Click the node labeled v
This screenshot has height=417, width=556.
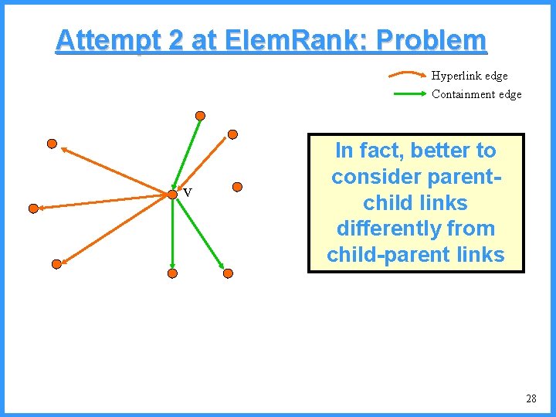point(172,195)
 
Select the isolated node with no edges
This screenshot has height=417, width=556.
point(238,186)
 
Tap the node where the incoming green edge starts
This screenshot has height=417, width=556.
point(200,116)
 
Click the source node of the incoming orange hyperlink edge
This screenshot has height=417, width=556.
point(232,134)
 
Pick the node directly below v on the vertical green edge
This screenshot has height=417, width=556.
point(172,273)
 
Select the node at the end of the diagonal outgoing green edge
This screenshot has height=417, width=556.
point(228,273)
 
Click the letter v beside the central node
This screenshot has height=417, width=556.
point(187,193)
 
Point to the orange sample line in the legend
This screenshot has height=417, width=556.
point(408,76)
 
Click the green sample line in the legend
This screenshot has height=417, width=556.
point(409,94)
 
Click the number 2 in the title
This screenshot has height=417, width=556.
point(175,39)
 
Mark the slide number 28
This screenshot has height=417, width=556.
point(531,399)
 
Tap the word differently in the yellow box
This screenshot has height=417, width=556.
point(415,229)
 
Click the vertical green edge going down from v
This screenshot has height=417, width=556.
point(172,236)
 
